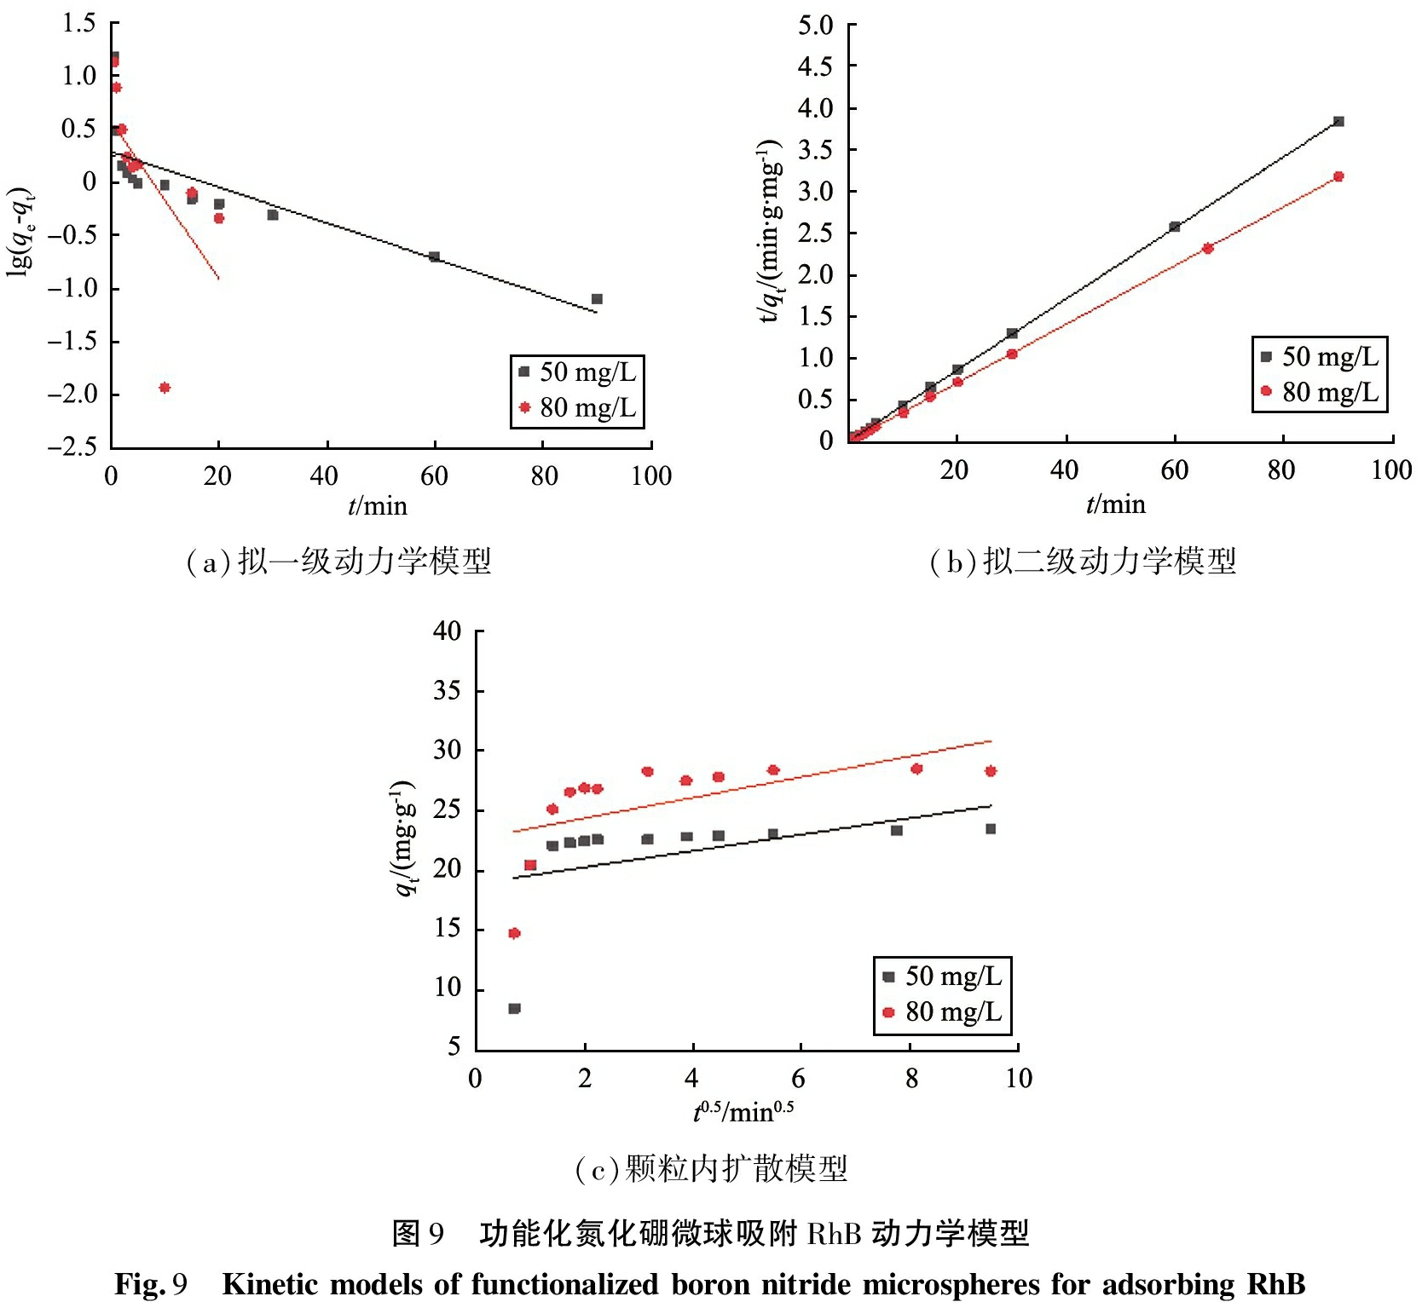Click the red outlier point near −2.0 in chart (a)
tap(165, 388)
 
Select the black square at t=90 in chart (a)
tap(597, 299)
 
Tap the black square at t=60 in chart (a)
tap(435, 256)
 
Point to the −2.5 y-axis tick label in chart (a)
tap(72, 447)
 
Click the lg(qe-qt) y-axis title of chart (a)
tap(21, 230)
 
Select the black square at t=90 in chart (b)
tap(1338, 122)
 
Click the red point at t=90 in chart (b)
tap(1338, 176)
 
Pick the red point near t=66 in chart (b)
tap(1207, 249)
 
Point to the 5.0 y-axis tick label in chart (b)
tap(815, 26)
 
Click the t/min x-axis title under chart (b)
tap(1115, 505)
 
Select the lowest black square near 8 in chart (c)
tap(514, 1009)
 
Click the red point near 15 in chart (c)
tap(514, 933)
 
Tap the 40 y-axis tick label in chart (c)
tap(448, 631)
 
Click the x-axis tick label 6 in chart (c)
tap(798, 1079)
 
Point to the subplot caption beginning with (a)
tap(338, 562)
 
